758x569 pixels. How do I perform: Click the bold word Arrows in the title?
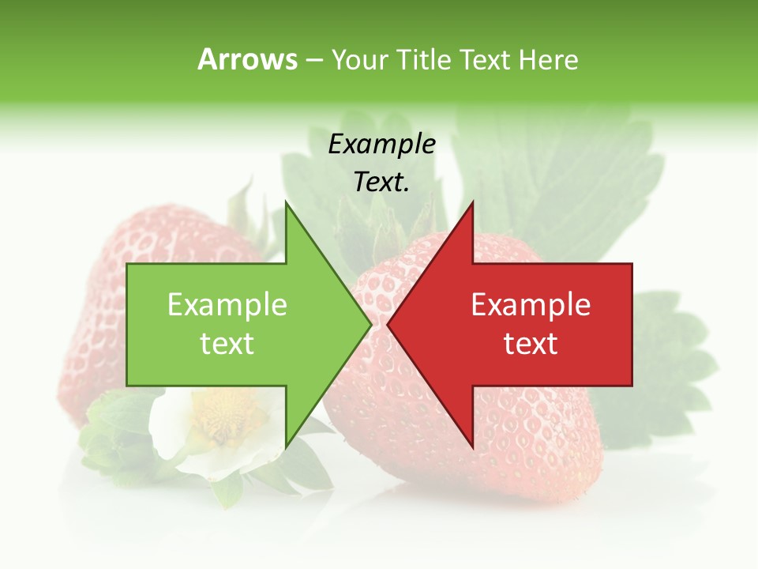coord(247,59)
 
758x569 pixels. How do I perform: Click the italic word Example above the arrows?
coord(382,144)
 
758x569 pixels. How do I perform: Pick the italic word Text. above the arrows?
coord(382,182)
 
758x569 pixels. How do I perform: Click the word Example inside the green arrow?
coord(227,304)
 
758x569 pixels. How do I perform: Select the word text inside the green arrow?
coord(227,343)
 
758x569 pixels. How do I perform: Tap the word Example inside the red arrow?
coord(531,304)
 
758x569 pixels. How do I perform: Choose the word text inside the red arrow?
coord(531,343)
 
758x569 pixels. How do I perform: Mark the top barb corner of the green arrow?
coord(287,203)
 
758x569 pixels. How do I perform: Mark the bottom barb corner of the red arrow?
coord(472,447)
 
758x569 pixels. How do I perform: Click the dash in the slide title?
coord(313,60)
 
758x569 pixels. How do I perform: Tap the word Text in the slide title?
coord(485,59)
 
